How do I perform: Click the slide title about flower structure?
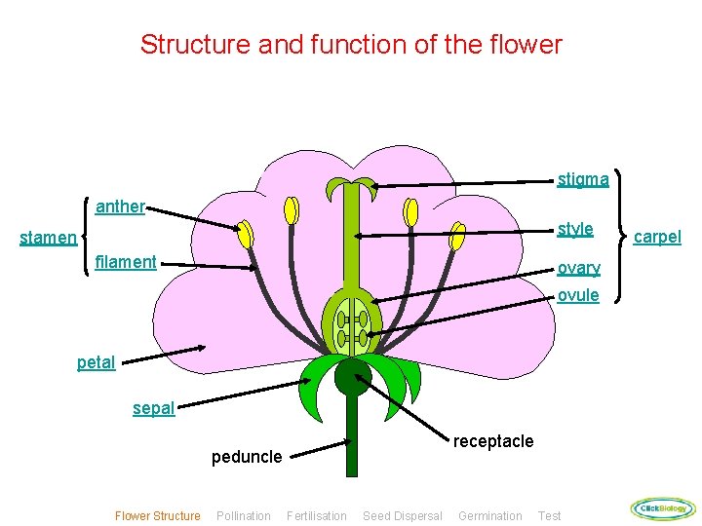[x=351, y=45]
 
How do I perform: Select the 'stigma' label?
[x=583, y=179]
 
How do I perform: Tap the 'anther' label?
[x=120, y=207]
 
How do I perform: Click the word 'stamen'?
[x=48, y=238]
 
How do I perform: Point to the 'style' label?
[x=574, y=229]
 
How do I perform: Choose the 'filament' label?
[x=126, y=262]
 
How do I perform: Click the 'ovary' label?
[x=578, y=268]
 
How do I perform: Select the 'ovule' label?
[x=578, y=295]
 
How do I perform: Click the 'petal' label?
[x=96, y=362]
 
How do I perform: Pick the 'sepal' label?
[x=153, y=408]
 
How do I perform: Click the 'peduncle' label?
[x=247, y=457]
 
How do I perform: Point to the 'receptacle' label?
[x=493, y=441]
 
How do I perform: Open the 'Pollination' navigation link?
[x=244, y=516]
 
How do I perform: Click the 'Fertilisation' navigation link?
[x=316, y=516]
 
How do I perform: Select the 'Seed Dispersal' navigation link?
[x=402, y=516]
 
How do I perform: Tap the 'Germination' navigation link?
[x=489, y=516]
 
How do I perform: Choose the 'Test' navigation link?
[x=549, y=516]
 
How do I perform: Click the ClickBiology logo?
[x=663, y=508]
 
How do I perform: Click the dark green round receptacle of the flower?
[x=352, y=377]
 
